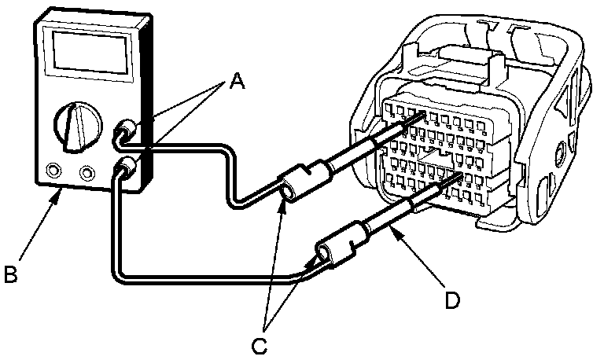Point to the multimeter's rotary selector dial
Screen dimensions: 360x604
tap(75, 126)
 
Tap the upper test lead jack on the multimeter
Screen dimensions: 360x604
tap(123, 130)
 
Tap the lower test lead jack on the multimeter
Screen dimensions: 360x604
tap(126, 167)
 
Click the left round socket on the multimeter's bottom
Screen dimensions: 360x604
tap(53, 170)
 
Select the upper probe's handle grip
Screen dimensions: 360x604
tap(303, 180)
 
